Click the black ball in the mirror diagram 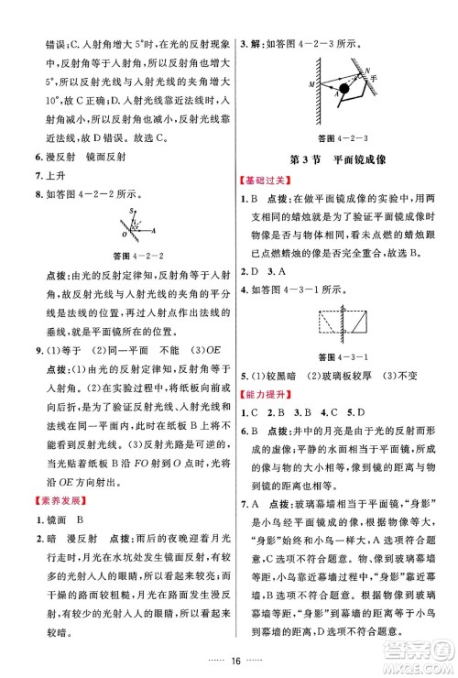click(x=343, y=90)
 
